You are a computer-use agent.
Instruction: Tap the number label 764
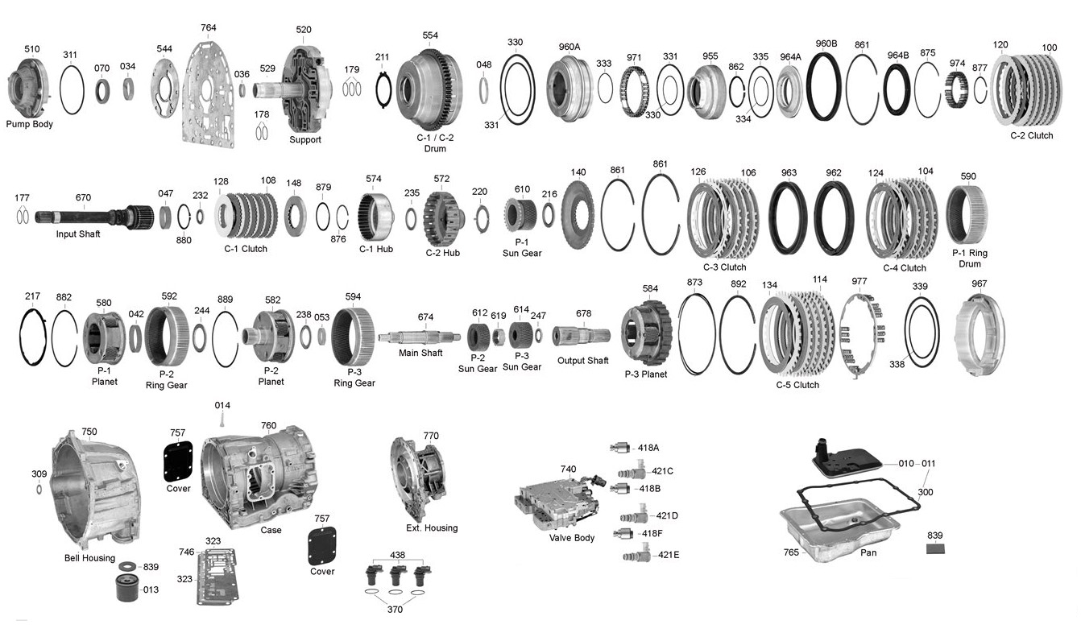[209, 28]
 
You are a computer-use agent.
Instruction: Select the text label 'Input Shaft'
[78, 234]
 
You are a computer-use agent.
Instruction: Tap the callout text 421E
[668, 555]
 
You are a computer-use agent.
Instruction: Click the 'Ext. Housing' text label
[432, 528]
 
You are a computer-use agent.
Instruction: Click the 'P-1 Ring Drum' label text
[970, 259]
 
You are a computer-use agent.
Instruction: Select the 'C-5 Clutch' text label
[797, 385]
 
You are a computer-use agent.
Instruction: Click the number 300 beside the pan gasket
[926, 491]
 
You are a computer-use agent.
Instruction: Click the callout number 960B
[826, 43]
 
